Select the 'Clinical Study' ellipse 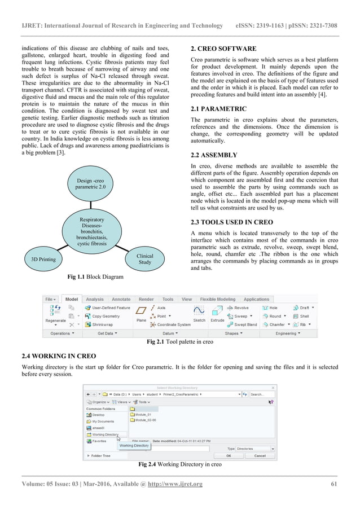tap(145, 259)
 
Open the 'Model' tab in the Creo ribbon tap(72, 299)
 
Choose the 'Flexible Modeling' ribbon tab tap(218, 299)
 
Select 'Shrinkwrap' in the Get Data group tap(102, 324)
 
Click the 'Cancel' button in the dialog tap(260, 455)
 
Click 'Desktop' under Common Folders tap(98, 414)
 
